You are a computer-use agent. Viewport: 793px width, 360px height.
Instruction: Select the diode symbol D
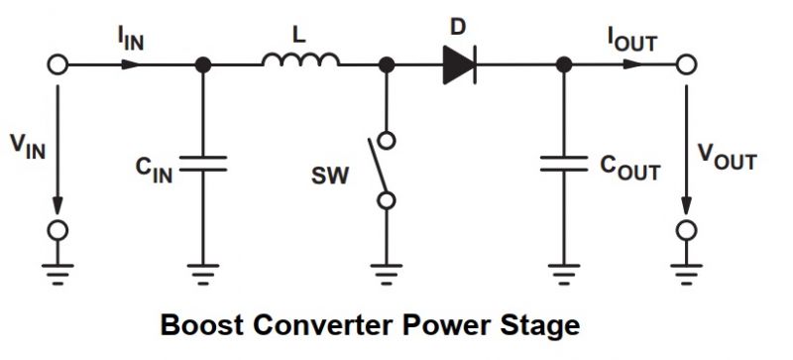pos(458,64)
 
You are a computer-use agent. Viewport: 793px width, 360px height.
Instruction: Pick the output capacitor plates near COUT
pos(564,164)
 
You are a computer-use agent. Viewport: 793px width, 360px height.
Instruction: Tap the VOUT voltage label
pos(728,157)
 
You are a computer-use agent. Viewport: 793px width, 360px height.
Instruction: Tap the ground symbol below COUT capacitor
pos(564,273)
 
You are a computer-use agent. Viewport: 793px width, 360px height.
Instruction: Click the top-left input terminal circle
pos(57,64)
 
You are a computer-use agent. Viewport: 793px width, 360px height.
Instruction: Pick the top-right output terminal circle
pos(684,64)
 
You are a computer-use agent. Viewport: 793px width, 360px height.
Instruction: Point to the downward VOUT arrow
pos(684,149)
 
